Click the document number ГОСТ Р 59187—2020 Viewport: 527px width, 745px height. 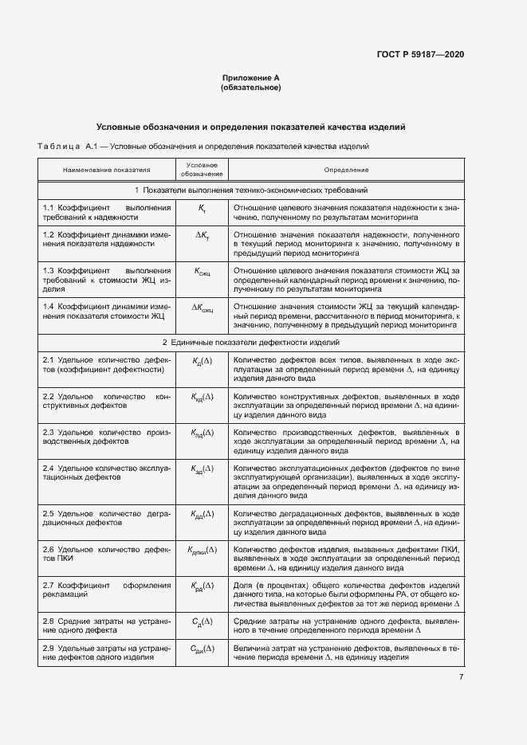point(420,54)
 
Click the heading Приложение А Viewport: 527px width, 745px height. point(250,77)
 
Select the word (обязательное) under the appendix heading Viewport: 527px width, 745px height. point(250,87)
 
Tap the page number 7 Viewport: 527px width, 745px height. point(461,677)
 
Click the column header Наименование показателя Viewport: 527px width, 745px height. point(107,170)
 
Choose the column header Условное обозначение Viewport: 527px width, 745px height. point(202,170)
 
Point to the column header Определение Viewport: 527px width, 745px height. point(345,170)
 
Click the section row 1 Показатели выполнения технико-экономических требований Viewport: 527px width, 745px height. point(250,190)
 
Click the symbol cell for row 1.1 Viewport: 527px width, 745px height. point(202,208)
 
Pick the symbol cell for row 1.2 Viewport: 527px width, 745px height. point(202,238)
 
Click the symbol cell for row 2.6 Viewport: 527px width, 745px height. point(202,551)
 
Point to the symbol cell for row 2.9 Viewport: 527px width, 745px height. point(202,651)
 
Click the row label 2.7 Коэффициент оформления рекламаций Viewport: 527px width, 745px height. point(107,590)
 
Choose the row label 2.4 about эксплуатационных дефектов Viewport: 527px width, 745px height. point(107,473)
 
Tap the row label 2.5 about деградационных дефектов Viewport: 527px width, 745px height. point(107,519)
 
